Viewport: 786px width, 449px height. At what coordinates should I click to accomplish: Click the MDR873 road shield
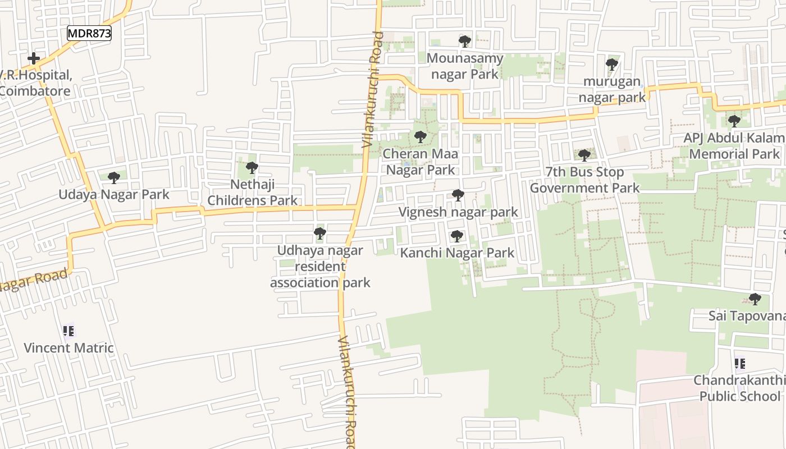89,33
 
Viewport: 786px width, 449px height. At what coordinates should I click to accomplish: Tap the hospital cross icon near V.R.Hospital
34,58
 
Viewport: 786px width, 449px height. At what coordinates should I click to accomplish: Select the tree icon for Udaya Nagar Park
114,178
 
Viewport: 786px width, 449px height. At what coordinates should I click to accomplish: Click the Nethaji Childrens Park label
253,193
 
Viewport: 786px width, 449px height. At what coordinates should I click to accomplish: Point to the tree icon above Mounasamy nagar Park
464,41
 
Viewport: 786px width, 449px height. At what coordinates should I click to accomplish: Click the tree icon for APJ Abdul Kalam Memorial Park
734,121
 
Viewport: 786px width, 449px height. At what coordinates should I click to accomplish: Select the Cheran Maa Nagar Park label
420,162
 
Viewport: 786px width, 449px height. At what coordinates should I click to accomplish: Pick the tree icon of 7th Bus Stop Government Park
584,155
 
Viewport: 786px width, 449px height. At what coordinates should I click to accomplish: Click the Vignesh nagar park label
458,212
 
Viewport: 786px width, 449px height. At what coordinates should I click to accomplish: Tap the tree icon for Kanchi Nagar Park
457,236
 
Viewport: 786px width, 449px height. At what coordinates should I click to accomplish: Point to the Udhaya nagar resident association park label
320,267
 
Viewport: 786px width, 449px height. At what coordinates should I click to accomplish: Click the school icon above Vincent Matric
68,331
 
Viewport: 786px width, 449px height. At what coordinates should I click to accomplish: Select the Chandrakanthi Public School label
739,388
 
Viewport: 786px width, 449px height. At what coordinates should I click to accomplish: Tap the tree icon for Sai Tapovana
755,299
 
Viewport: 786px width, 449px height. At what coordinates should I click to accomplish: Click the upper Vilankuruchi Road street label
373,90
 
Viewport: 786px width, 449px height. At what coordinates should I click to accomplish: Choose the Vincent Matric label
68,348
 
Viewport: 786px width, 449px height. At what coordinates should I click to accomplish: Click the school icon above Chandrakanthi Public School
740,364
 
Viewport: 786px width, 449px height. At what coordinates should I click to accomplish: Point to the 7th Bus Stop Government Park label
584,180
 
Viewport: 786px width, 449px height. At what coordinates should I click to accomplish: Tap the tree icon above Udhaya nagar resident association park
320,233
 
